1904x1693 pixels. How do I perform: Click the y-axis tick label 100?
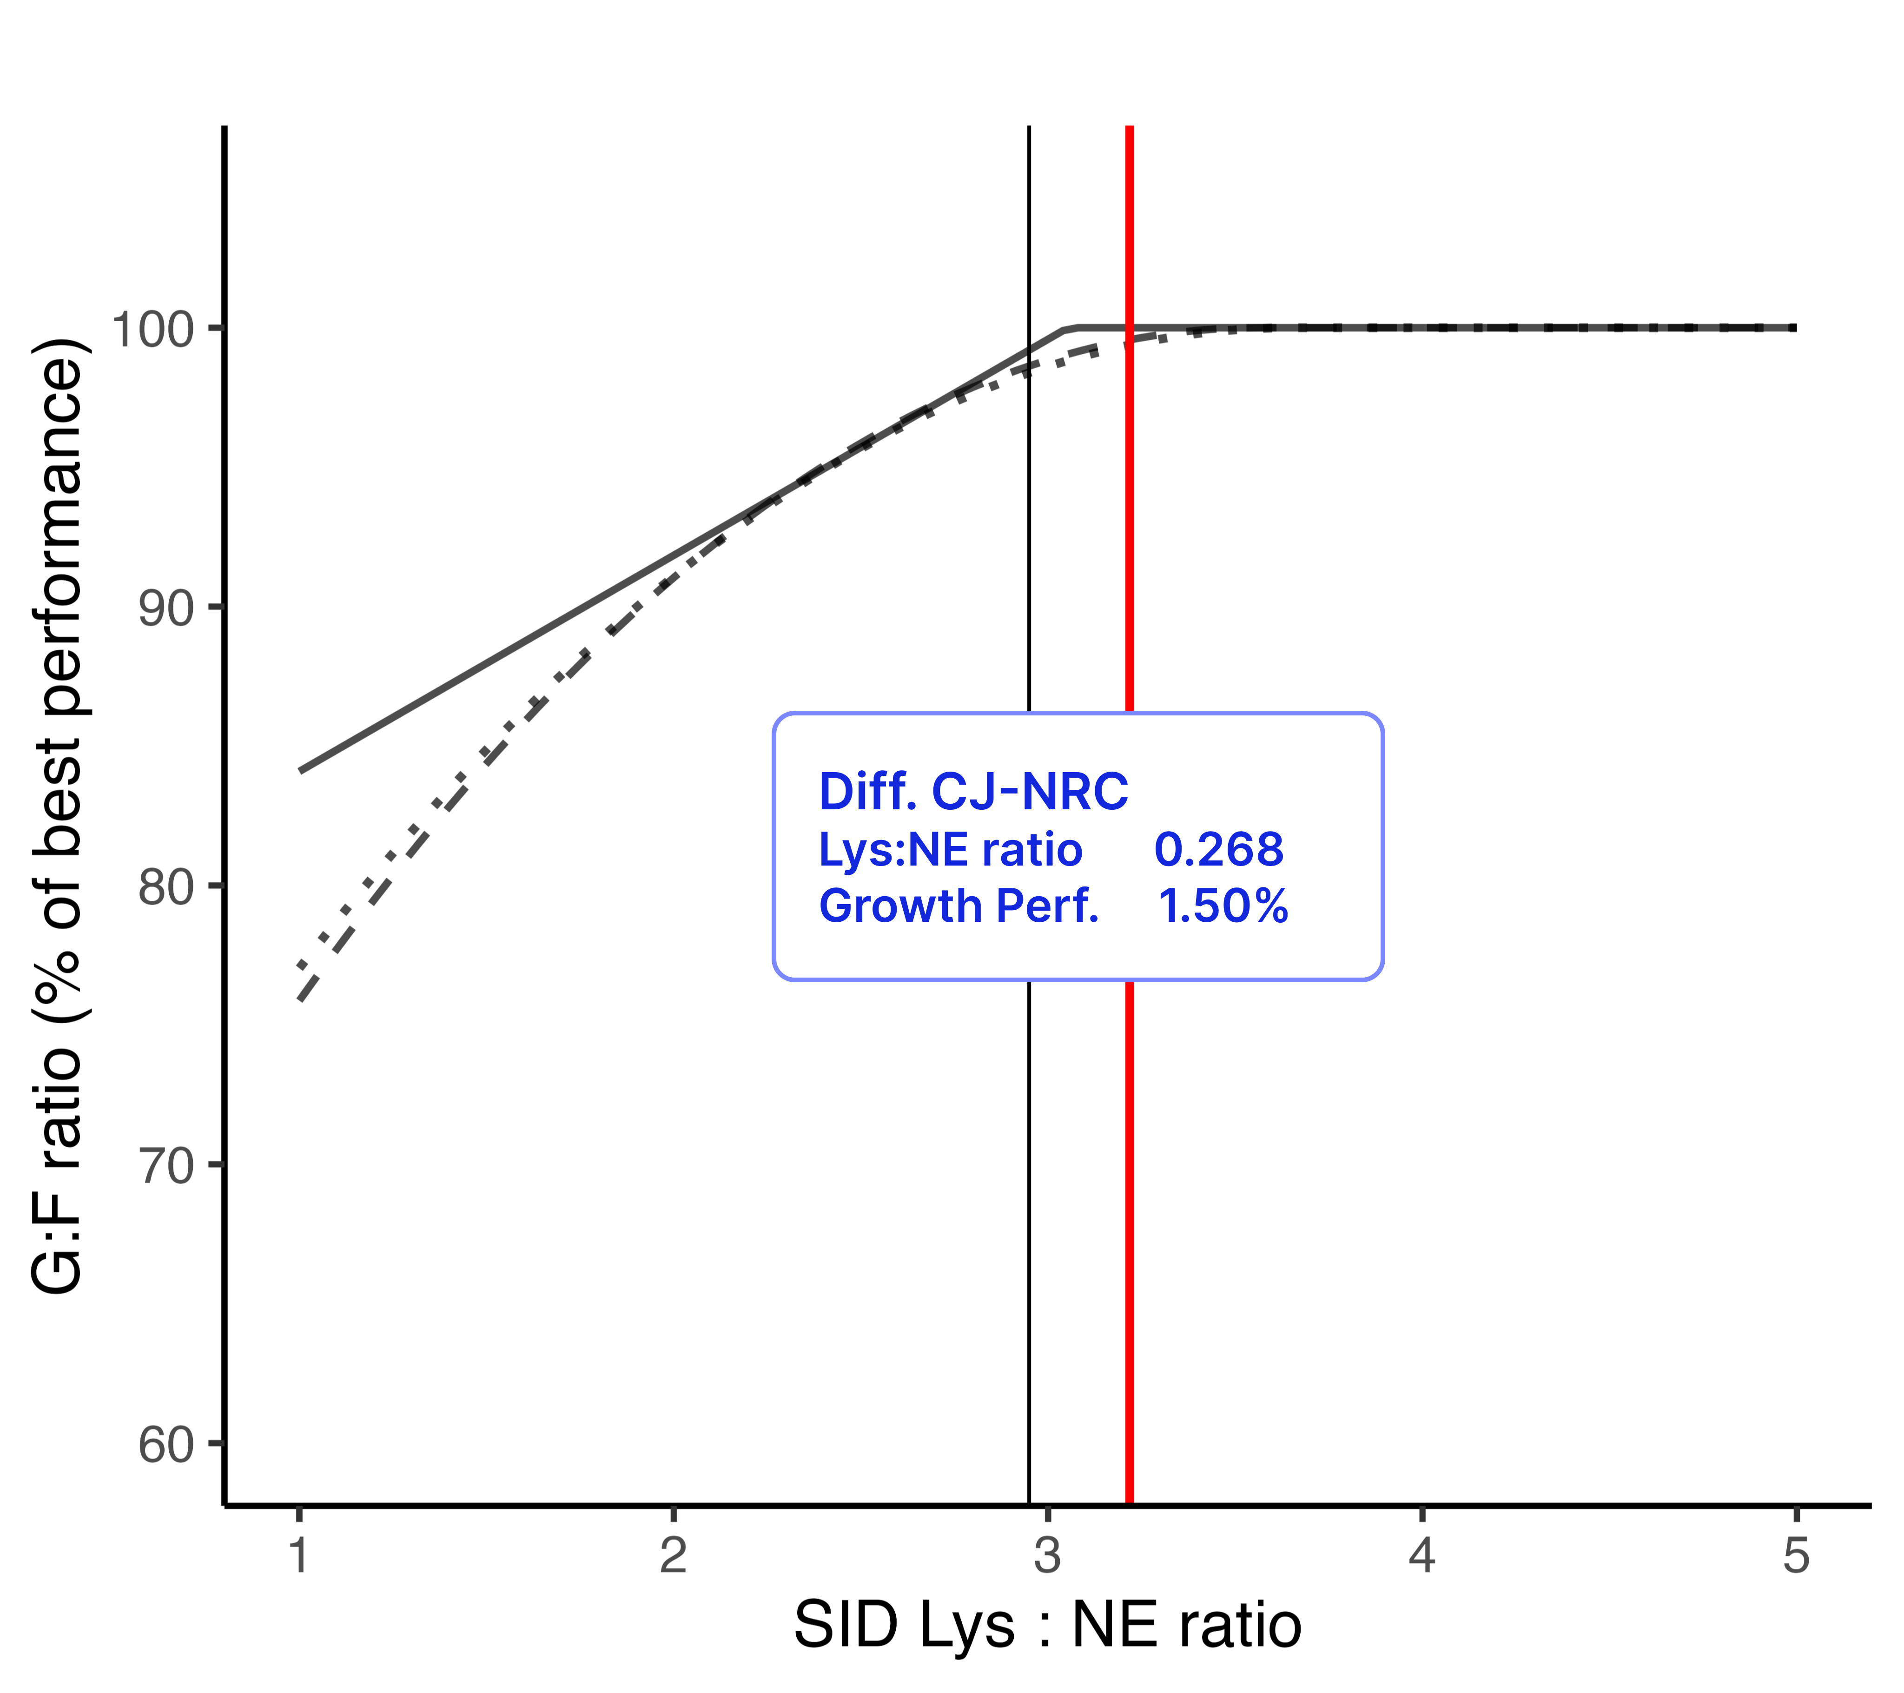(152, 330)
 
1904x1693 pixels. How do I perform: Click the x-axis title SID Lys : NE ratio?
(1047, 1626)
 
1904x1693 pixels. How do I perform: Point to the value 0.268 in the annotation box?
(1218, 850)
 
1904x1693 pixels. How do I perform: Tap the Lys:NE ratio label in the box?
(950, 850)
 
